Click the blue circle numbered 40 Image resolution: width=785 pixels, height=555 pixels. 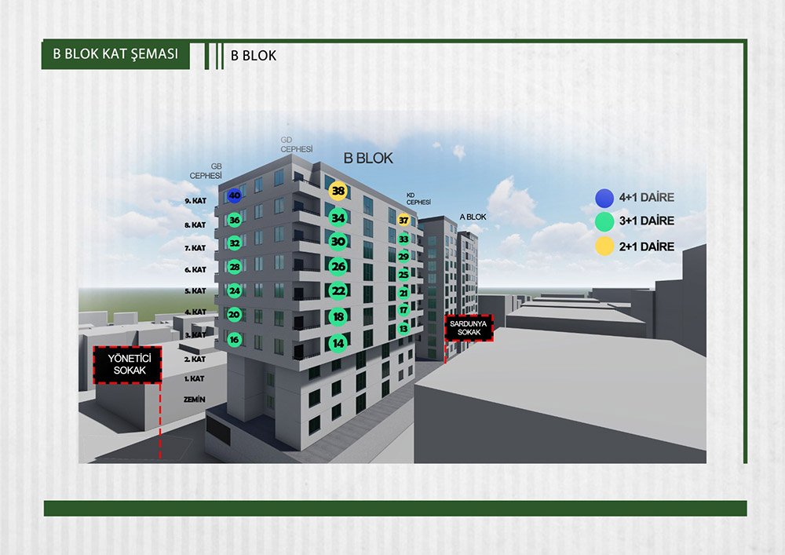(x=234, y=195)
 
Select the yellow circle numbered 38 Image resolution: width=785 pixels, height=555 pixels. (x=338, y=191)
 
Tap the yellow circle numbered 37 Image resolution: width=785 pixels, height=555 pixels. (x=403, y=221)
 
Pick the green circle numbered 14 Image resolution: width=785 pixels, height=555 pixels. (x=338, y=342)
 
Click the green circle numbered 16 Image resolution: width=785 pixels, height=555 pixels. (x=234, y=340)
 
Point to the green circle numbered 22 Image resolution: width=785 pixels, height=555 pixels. (x=338, y=290)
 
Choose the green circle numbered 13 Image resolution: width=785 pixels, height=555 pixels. (x=403, y=329)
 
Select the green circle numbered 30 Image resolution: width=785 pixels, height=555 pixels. (x=338, y=242)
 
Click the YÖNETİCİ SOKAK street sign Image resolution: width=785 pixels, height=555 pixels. (x=127, y=365)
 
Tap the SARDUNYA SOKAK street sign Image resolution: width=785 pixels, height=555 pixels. (x=469, y=328)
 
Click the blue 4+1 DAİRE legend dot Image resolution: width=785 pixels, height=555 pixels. (x=604, y=197)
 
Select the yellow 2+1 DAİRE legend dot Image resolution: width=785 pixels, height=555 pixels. (x=604, y=246)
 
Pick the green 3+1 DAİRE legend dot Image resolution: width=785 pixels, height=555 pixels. (x=604, y=221)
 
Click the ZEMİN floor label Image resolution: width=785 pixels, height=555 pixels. (x=194, y=400)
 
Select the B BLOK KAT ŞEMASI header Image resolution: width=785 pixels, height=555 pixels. (x=115, y=54)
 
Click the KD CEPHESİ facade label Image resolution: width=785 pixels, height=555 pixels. (x=418, y=199)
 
